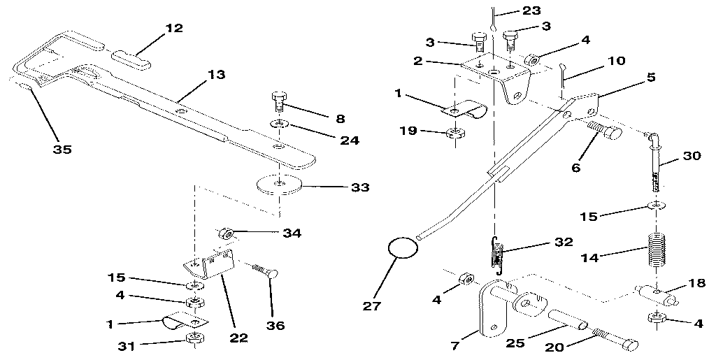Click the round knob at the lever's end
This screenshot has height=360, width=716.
[399, 247]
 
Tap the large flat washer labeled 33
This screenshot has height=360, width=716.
[278, 185]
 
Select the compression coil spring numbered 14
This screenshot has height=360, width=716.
[656, 250]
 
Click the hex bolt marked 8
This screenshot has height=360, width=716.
[278, 103]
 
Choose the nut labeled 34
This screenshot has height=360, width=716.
[226, 233]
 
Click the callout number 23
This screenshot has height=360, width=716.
[531, 11]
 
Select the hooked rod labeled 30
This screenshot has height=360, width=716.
[656, 164]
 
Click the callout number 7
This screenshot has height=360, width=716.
[456, 345]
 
